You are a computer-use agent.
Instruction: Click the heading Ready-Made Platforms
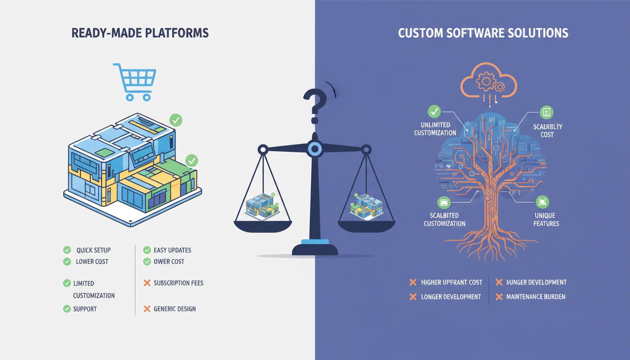pos(140,33)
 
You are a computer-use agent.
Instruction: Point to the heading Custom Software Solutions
pos(483,33)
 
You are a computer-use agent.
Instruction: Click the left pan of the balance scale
pos(262,225)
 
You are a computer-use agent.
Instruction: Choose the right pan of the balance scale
pos(367,225)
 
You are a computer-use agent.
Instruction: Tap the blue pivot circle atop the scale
pos(315,150)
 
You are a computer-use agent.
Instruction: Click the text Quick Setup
pos(93,250)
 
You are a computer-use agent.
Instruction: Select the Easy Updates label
pos(172,250)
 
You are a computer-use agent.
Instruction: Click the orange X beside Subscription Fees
pos(147,283)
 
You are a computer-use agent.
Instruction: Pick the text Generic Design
pos(175,309)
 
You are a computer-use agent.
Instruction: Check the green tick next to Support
pos(67,308)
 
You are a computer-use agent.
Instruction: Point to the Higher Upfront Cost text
pos(451,282)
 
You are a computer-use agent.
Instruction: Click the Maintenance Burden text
pos(536,297)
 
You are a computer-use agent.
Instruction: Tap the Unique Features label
pos(546,219)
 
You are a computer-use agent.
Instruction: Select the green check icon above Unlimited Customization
pos(434,112)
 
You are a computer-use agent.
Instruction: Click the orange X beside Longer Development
pos(413,297)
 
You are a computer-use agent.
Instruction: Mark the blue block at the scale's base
pos(315,242)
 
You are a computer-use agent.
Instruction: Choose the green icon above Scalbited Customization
pos(443,202)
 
